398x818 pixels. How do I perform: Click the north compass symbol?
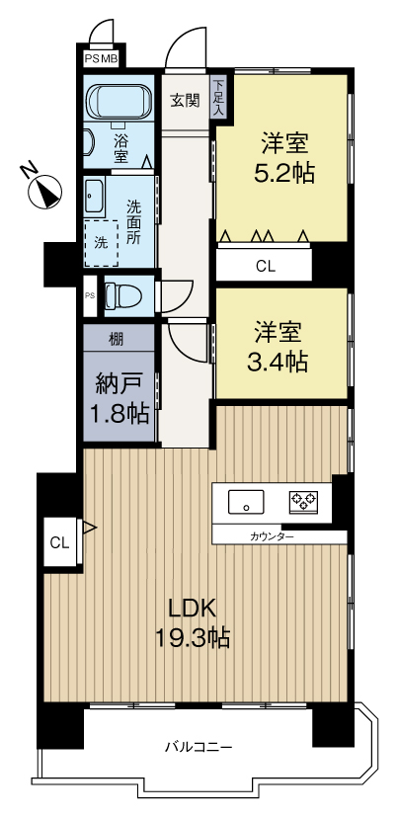tap(43, 189)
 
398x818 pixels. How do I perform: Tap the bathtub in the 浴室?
tap(119, 102)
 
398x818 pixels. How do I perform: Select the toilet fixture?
tap(123, 297)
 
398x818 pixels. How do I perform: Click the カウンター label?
tap(272, 536)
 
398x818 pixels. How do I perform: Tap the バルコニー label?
tap(199, 747)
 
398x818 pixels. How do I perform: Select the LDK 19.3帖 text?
tap(192, 622)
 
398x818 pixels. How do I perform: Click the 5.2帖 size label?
tap(284, 173)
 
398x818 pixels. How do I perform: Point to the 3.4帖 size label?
tap(277, 361)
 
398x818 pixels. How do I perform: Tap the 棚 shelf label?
tap(116, 339)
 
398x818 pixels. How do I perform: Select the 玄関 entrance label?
tap(185, 100)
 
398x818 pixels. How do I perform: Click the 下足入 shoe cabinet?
tap(218, 98)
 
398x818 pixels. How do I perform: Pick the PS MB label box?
tap(101, 58)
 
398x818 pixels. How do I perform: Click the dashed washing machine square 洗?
tap(101, 243)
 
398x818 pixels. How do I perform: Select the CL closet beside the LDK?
tap(59, 542)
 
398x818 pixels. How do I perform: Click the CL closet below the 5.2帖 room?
tap(265, 266)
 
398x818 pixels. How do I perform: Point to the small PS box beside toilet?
tap(90, 295)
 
